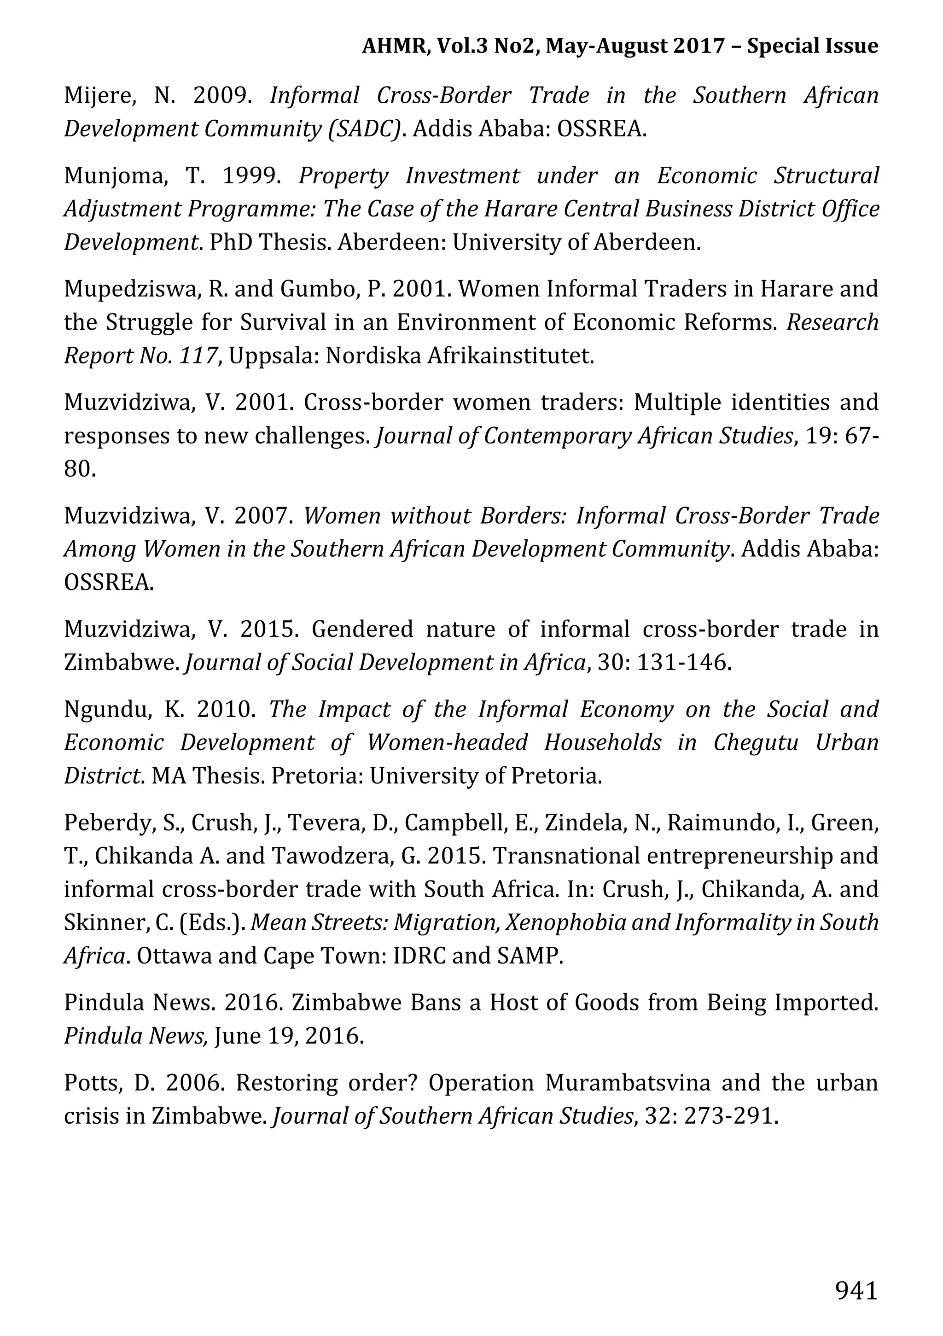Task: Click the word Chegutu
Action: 756,742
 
